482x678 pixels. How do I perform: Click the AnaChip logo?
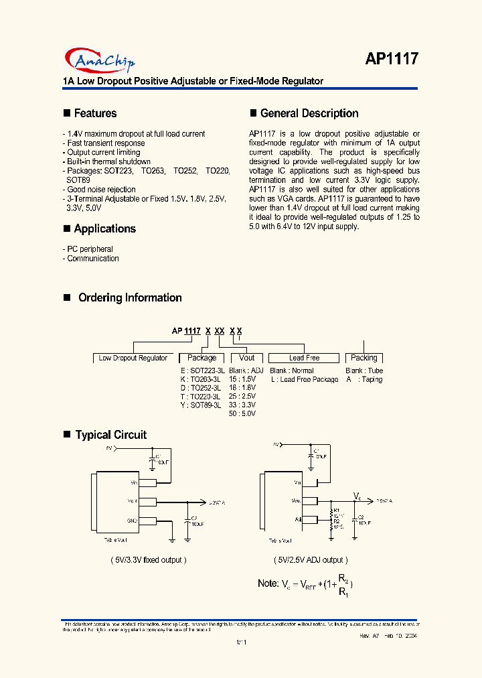click(x=100, y=61)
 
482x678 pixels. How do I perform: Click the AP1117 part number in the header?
click(x=392, y=59)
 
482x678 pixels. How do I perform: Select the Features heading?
click(x=95, y=114)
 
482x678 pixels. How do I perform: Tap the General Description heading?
click(x=309, y=114)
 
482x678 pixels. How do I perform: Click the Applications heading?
click(x=104, y=229)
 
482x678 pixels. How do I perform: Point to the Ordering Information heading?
click(x=130, y=298)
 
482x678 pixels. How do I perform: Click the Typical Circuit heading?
click(x=110, y=435)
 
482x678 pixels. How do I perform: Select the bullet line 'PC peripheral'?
click(x=90, y=249)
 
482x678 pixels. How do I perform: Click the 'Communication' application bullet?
click(x=92, y=259)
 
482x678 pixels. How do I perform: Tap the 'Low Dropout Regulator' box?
click(x=133, y=358)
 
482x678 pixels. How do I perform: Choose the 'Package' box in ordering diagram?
click(x=202, y=358)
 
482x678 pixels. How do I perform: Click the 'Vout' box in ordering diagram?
click(x=247, y=358)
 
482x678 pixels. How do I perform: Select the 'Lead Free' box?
click(x=304, y=358)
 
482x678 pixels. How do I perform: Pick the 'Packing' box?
click(x=364, y=358)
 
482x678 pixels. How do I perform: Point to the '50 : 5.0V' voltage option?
click(x=242, y=414)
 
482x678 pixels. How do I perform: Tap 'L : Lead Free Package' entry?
click(x=305, y=380)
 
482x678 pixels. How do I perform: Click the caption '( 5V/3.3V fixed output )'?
click(x=149, y=560)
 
